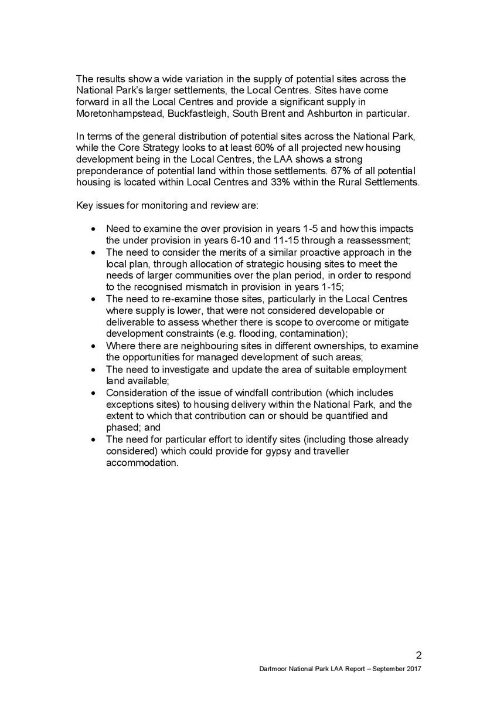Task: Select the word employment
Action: (x=380, y=370)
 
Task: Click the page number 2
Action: (x=418, y=655)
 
